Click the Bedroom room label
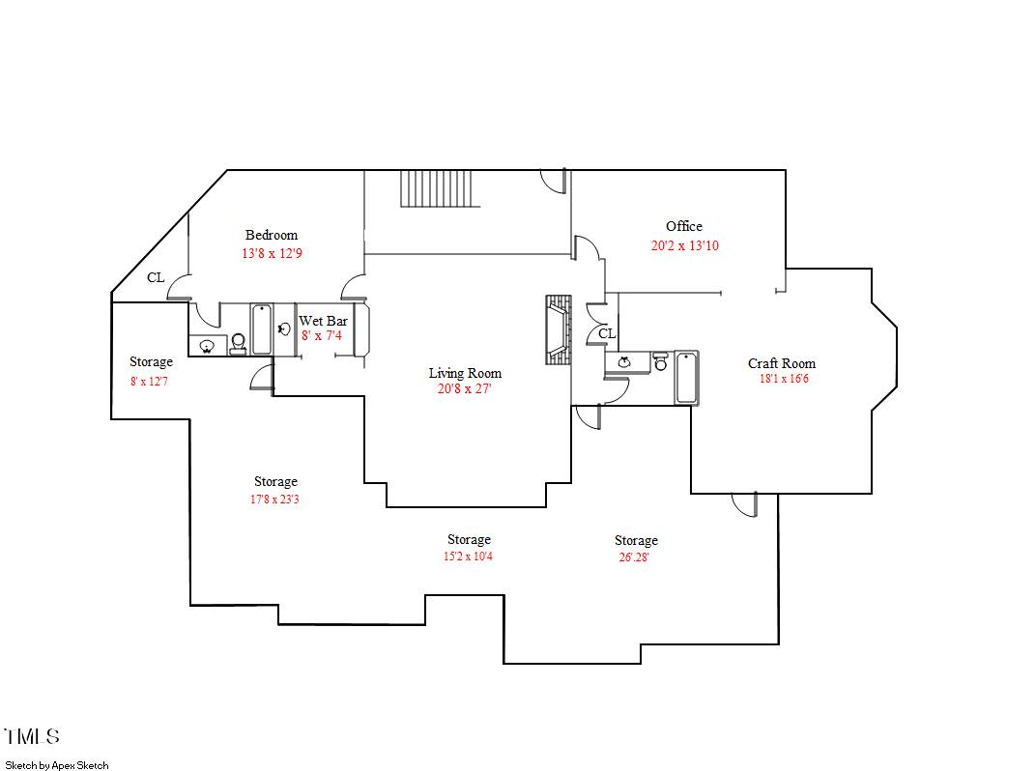pyautogui.click(x=272, y=235)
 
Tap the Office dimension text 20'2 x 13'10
pyautogui.click(x=684, y=245)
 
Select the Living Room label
pyautogui.click(x=466, y=373)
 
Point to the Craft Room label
pyautogui.click(x=782, y=363)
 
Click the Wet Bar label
pyautogui.click(x=324, y=321)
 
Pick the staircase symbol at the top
pyautogui.click(x=440, y=188)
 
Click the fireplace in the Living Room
pyautogui.click(x=559, y=329)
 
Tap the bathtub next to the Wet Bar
pyautogui.click(x=262, y=329)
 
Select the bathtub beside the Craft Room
pyautogui.click(x=686, y=377)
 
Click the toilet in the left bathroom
pyautogui.click(x=239, y=343)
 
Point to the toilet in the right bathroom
pyautogui.click(x=660, y=361)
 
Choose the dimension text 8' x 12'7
pyautogui.click(x=149, y=382)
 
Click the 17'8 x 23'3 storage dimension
pyautogui.click(x=274, y=500)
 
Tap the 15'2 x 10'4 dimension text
pyautogui.click(x=468, y=557)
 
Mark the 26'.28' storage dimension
pyautogui.click(x=634, y=557)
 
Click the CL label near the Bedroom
pyautogui.click(x=156, y=277)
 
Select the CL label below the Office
pyautogui.click(x=607, y=333)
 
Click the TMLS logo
pyautogui.click(x=32, y=736)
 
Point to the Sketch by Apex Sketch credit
pyautogui.click(x=57, y=766)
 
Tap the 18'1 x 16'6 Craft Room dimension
pyautogui.click(x=784, y=379)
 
